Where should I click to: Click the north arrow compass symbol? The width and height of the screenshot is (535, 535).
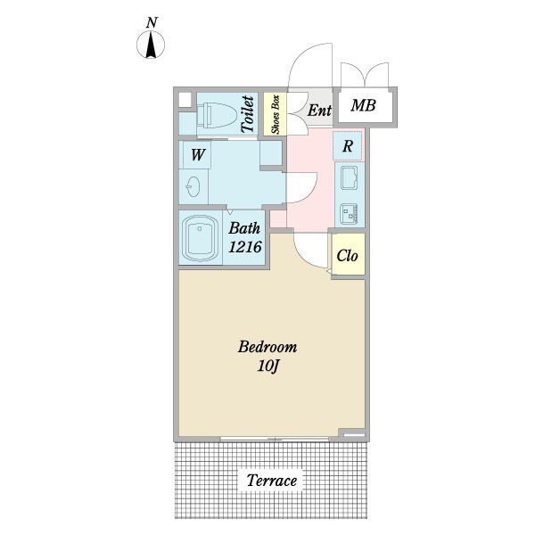(151, 45)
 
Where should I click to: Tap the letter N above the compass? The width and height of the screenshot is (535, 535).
(152, 23)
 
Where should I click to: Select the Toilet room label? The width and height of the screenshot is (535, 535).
(248, 114)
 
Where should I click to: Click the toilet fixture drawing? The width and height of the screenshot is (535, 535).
(217, 115)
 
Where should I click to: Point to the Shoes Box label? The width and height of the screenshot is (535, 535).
(276, 114)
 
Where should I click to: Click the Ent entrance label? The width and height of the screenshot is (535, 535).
(319, 111)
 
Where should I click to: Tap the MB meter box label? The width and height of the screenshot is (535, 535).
(364, 105)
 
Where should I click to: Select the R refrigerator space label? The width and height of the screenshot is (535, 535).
(348, 146)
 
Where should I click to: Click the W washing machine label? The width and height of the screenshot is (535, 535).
(198, 154)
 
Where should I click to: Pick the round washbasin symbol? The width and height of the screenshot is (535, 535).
(193, 186)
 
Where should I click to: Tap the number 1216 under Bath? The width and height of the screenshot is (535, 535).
(245, 247)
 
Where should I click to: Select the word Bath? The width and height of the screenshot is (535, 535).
(244, 228)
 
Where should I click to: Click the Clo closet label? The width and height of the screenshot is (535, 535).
(347, 256)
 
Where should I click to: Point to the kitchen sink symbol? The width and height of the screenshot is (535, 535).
(350, 177)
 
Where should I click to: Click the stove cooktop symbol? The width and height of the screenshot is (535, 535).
(349, 214)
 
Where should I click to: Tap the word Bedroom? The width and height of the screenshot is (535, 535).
(267, 347)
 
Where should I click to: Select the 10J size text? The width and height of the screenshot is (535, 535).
(268, 366)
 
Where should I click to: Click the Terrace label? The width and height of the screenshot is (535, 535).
(272, 481)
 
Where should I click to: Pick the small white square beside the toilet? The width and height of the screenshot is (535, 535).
(185, 100)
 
